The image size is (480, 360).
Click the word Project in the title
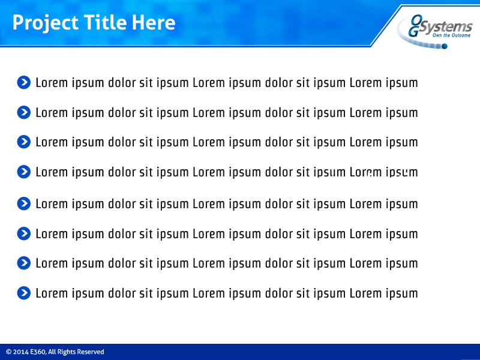[x=45, y=23]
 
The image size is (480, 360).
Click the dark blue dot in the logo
[x=445, y=46]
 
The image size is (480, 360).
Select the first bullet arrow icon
[x=23, y=82]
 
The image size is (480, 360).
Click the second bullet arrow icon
[x=23, y=112]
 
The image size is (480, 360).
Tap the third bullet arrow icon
[x=23, y=142]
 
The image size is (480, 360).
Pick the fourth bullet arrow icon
[x=23, y=172]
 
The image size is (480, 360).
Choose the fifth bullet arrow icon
[x=23, y=203]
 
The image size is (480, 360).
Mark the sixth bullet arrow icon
[x=23, y=233]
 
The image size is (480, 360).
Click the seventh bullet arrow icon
[x=23, y=263]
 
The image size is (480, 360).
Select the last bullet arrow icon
[x=23, y=293]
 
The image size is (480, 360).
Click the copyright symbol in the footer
[x=8, y=352]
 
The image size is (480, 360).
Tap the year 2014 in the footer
[x=20, y=352]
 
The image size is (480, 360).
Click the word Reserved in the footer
[x=90, y=352]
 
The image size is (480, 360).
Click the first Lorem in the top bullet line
[x=52, y=82]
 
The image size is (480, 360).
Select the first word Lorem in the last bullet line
[x=52, y=293]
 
